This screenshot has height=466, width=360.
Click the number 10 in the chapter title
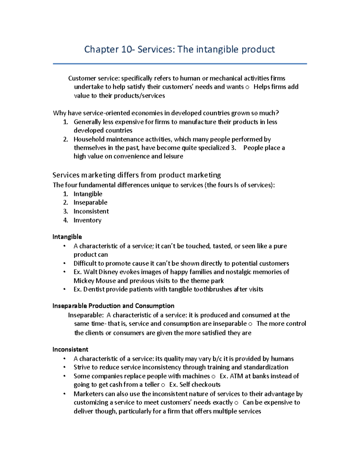pos(126,49)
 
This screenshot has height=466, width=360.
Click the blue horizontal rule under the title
pos(180,64)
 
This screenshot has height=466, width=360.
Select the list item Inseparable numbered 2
pos(90,203)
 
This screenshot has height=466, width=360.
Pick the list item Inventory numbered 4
pos(87,220)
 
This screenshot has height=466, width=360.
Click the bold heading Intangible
pos(67,237)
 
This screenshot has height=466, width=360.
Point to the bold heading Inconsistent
pos(70,350)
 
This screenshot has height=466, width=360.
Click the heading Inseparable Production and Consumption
pos(113,306)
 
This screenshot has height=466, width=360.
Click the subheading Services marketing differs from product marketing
pos(136,175)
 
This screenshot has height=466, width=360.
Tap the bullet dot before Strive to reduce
pos(64,367)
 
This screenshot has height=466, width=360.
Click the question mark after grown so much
pos(277,113)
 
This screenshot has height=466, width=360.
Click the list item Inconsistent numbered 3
pos(91,211)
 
